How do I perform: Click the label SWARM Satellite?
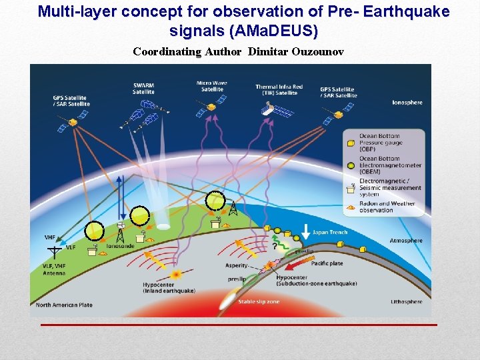pos(143,88)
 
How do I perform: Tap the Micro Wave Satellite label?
pos(212,86)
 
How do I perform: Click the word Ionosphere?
pos(407,103)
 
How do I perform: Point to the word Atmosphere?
pos(406,241)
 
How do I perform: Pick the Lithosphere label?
pos(406,302)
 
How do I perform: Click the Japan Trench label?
pos(330,233)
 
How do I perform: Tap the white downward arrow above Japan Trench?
pos(306,231)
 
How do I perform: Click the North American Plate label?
pos(64,305)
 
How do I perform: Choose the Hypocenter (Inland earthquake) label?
pos(169,287)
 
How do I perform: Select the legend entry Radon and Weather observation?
pos(387,207)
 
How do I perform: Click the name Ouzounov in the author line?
pos(317,51)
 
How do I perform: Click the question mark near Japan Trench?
pos(273,247)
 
